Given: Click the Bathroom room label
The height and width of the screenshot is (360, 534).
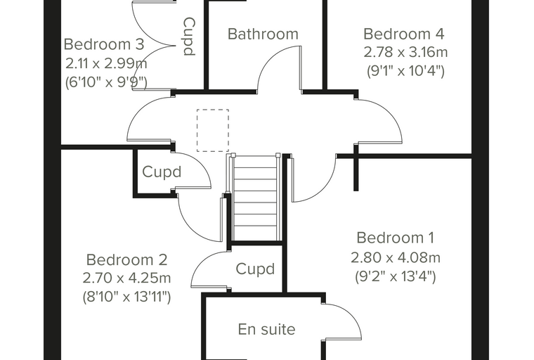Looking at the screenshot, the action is point(263,34).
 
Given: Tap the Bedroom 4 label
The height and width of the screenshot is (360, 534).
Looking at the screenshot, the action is point(404,34).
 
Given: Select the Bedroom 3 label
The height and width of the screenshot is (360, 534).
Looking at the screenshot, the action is point(104,44).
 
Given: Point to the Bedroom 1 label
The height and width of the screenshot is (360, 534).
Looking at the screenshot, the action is point(396,238).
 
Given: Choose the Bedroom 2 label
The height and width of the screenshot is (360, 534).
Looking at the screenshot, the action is point(126,259).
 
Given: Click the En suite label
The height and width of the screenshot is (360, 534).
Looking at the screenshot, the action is point(267,329).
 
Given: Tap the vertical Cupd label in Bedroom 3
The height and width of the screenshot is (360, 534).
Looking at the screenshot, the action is point(189,37).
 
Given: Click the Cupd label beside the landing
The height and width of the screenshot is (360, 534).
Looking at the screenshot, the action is point(162,172).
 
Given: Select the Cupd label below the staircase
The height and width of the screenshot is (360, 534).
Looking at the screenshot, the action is point(255,269).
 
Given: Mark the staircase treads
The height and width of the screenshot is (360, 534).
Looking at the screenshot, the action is point(255,198).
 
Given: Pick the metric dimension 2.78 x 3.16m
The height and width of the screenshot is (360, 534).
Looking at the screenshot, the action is point(405,53).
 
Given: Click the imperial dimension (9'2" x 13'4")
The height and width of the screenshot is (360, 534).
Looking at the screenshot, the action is point(396,276).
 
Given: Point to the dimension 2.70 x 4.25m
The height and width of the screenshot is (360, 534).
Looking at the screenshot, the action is point(126,278).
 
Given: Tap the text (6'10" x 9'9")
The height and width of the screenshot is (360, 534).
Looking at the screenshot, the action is point(106,82).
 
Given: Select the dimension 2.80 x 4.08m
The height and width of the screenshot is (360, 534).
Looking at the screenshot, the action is point(396,258).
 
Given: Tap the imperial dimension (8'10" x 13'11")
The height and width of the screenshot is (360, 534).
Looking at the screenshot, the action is point(126,297).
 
